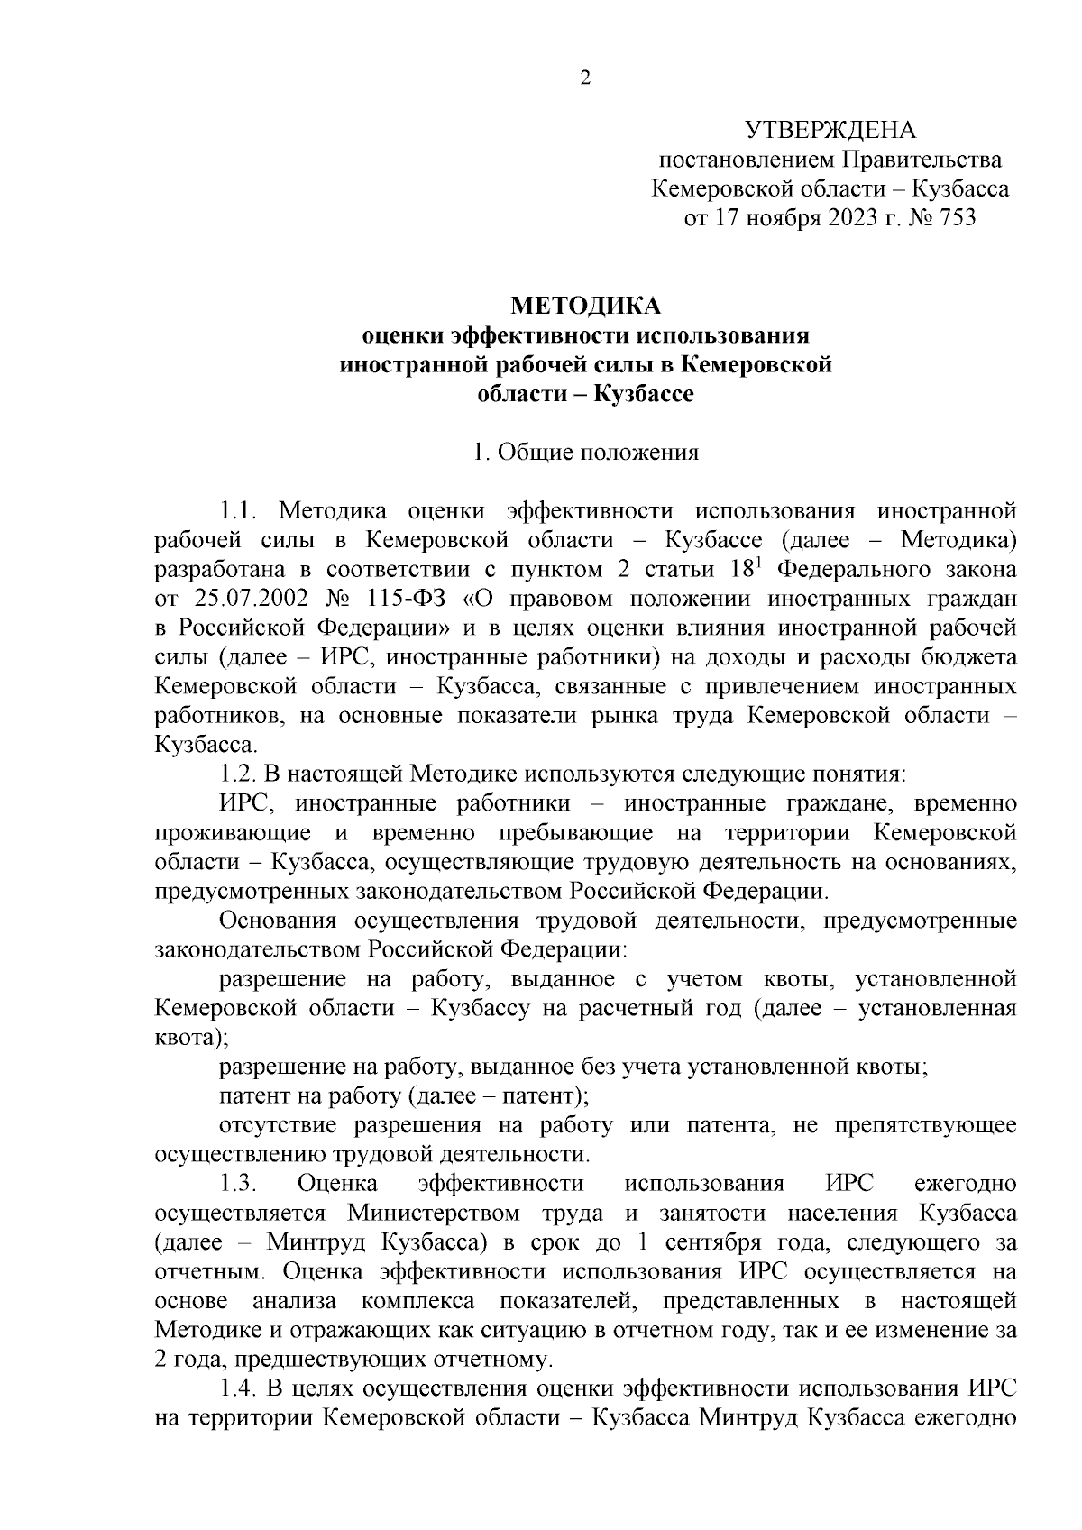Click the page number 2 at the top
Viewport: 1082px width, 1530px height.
[x=584, y=79]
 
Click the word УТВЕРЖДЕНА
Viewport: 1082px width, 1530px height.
[x=830, y=131]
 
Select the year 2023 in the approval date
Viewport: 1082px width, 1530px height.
[x=845, y=218]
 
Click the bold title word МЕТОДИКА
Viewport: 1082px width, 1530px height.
[x=585, y=307]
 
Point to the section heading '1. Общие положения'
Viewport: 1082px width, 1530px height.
[x=586, y=453]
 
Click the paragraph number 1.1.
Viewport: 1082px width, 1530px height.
[x=241, y=511]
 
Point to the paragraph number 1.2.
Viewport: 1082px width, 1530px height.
[x=241, y=774]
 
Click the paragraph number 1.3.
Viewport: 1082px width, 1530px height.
[x=241, y=1184]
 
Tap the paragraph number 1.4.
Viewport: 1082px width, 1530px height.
[x=241, y=1388]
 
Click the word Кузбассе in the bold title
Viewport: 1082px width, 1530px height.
[x=643, y=394]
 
